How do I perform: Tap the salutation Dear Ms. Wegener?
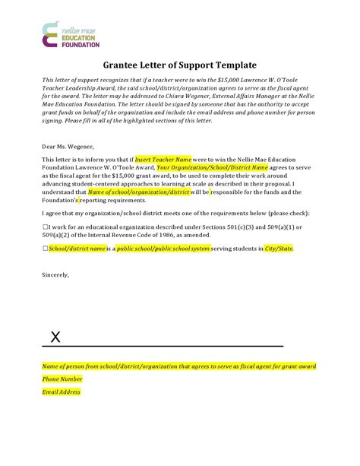click(69, 146)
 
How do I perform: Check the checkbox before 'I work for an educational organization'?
click(44, 227)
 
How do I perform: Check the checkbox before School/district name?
click(44, 249)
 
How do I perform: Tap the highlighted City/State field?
click(278, 249)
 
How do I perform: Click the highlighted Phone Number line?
click(62, 379)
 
